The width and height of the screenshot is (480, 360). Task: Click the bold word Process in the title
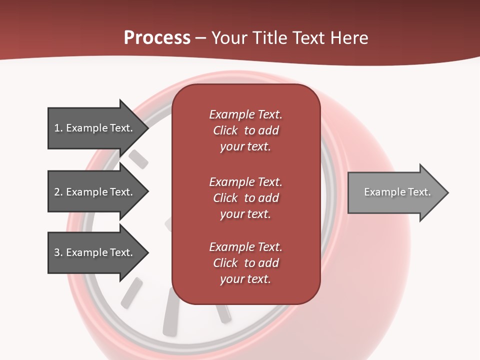coord(157,38)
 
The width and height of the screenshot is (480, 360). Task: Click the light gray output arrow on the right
coord(395,192)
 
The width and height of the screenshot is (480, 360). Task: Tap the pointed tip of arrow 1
coord(147,128)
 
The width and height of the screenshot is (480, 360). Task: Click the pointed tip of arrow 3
coord(147,252)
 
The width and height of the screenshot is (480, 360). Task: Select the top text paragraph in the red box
coord(245,130)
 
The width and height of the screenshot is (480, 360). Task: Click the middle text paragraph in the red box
coord(245,198)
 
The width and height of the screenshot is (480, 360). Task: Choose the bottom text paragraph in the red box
coord(245,263)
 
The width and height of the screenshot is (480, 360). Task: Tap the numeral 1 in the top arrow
coord(57,128)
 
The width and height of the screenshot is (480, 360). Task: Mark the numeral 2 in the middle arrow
coord(57,192)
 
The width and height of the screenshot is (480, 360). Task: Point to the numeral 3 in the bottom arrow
coord(57,252)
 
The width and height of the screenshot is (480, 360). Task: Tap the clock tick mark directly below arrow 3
coord(131,292)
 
